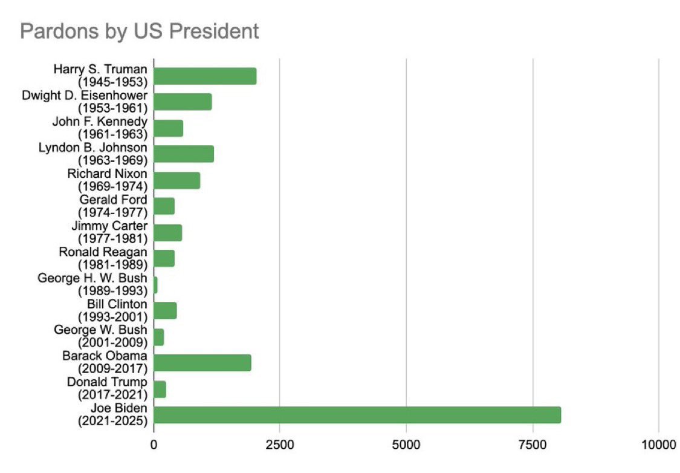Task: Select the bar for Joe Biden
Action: click(x=357, y=415)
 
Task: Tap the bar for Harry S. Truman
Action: click(x=205, y=76)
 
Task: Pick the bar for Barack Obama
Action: click(x=202, y=363)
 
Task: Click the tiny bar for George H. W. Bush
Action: click(x=156, y=284)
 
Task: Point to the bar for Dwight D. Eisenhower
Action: click(x=183, y=102)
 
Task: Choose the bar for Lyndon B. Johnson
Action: click(x=184, y=154)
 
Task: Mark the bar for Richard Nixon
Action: click(x=177, y=180)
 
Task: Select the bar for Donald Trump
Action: click(x=160, y=389)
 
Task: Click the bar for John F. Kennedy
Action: click(x=169, y=128)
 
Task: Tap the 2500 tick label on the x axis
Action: click(x=279, y=446)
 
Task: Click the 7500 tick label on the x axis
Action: click(x=533, y=446)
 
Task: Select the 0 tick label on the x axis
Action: click(x=154, y=446)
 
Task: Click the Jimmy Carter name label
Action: click(x=114, y=226)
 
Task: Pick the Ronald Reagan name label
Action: click(x=103, y=252)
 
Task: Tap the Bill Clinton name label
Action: click(x=117, y=304)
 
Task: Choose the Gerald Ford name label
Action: click(x=113, y=200)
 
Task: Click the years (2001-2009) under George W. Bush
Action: click(x=112, y=342)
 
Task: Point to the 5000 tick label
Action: click(x=406, y=446)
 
